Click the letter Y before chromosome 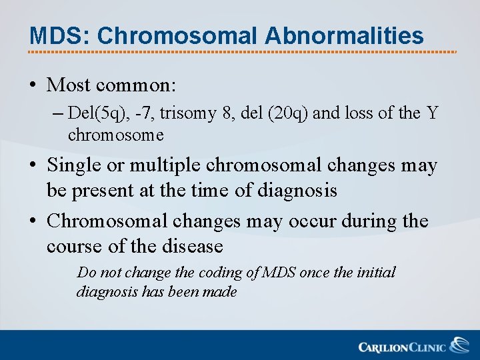[433, 114]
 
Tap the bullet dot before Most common [33, 86]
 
